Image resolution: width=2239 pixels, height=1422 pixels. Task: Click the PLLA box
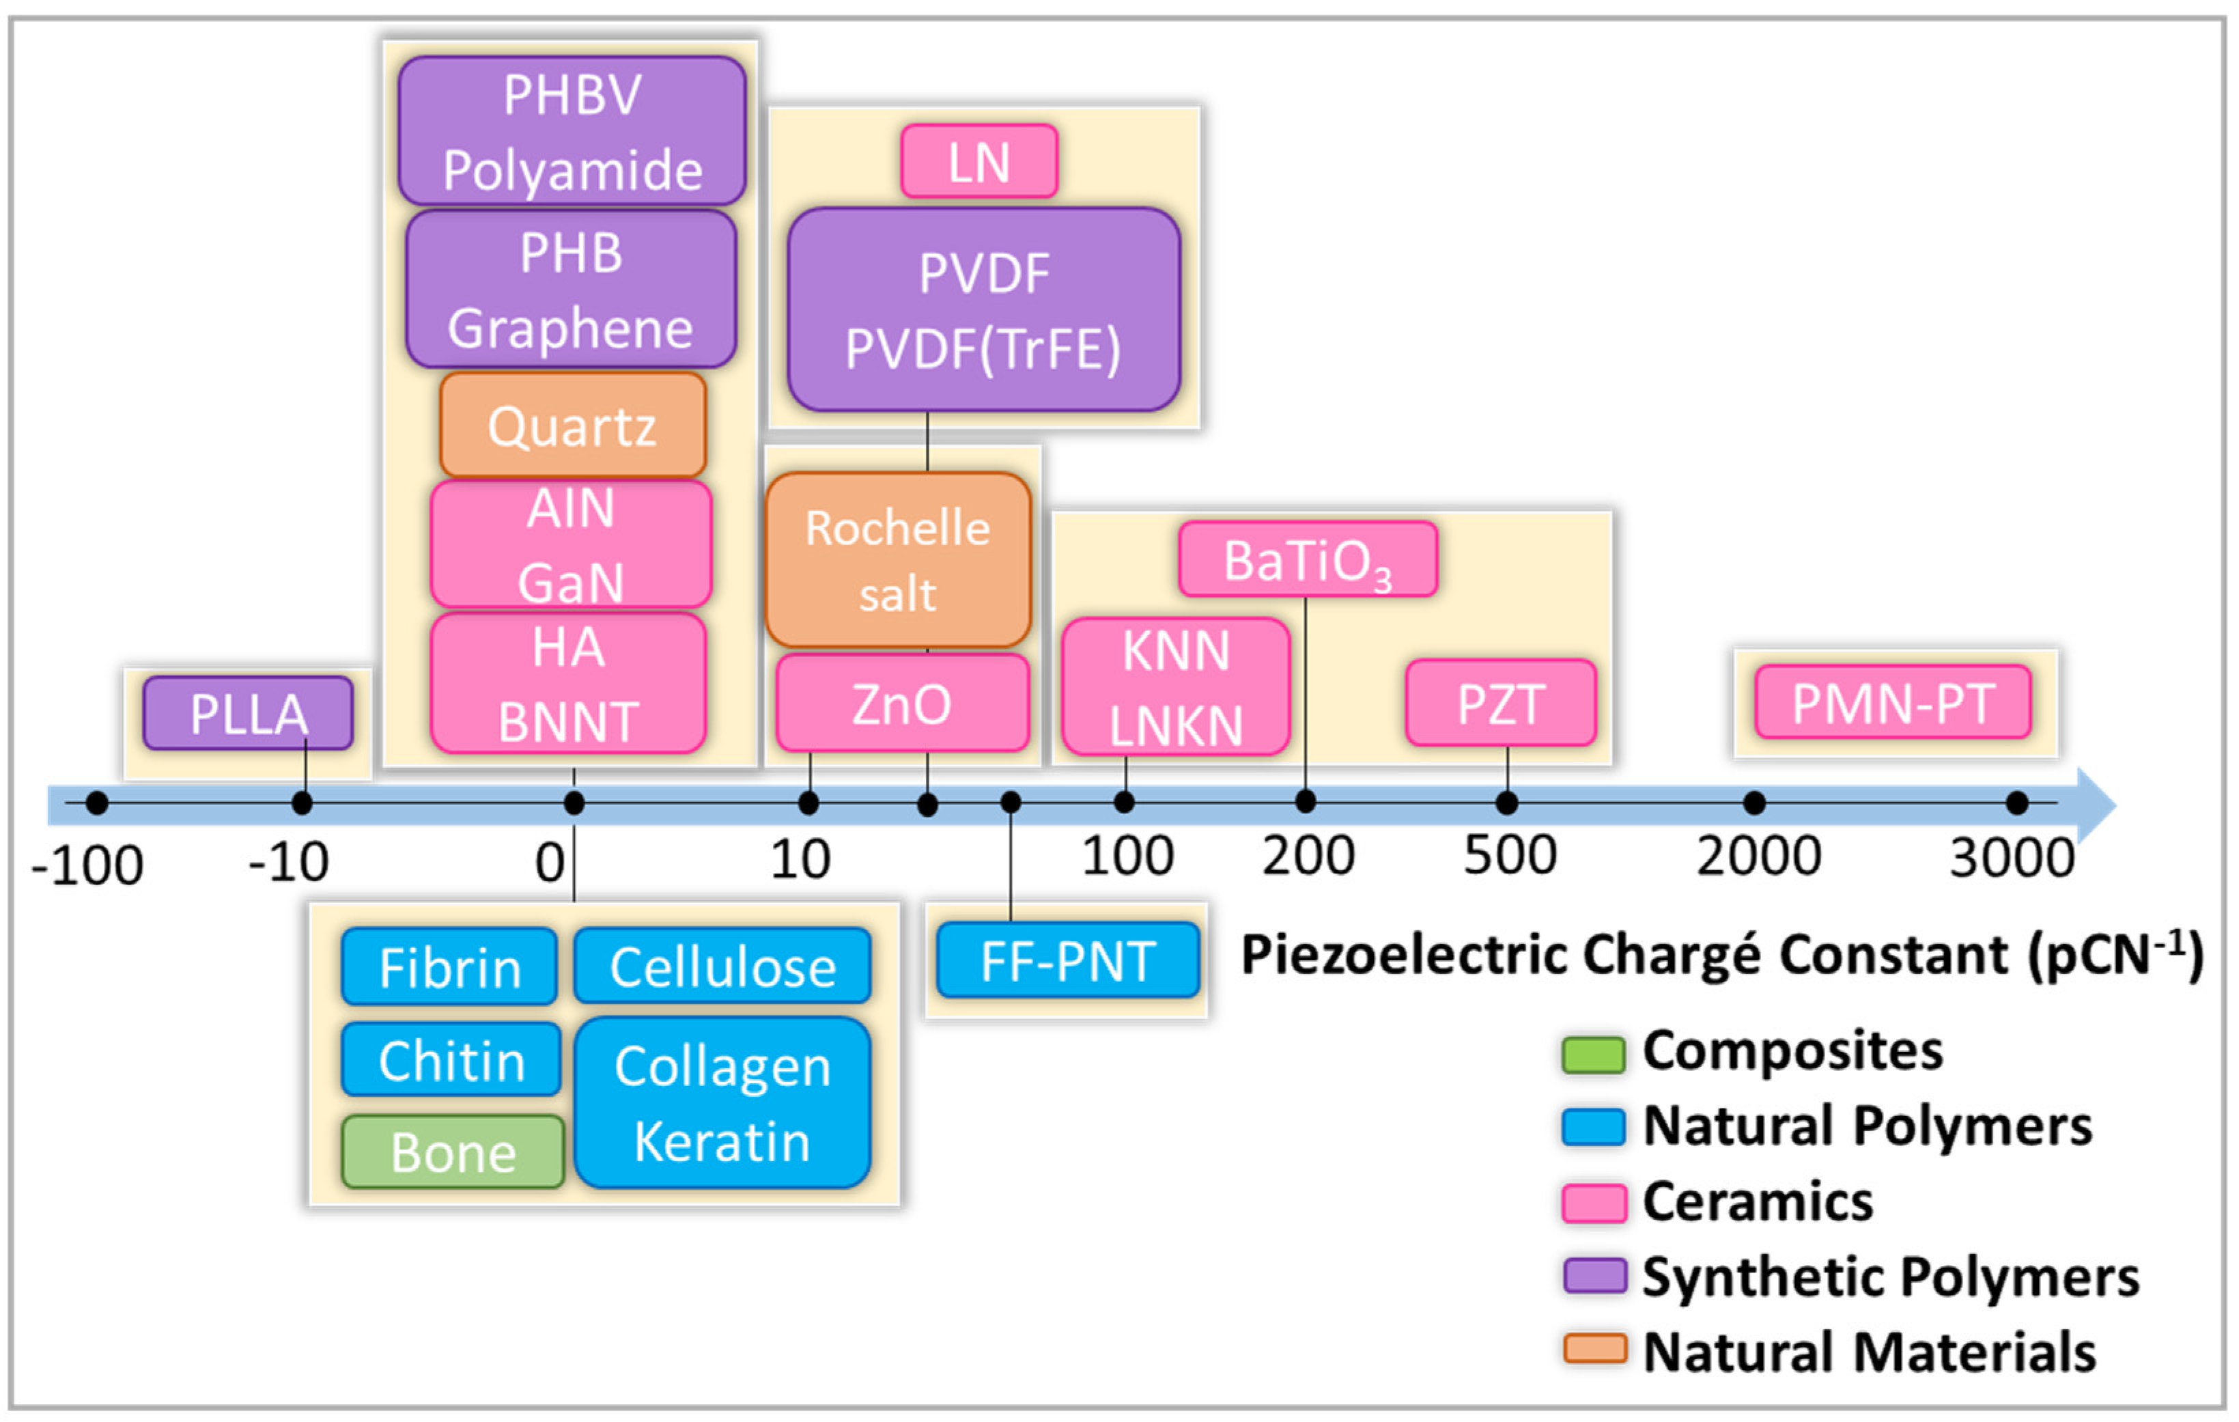pyautogui.click(x=249, y=713)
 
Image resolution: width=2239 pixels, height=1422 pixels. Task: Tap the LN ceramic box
pyautogui.click(x=979, y=161)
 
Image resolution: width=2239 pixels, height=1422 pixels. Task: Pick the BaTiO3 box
pyautogui.click(x=1308, y=559)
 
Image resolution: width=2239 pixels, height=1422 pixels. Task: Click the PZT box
pyautogui.click(x=1501, y=702)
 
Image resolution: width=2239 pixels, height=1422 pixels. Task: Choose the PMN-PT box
pyautogui.click(x=1892, y=702)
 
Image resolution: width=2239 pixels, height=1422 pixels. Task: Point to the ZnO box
pyautogui.click(x=902, y=702)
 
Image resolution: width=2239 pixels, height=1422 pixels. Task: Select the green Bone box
pyautogui.click(x=453, y=1152)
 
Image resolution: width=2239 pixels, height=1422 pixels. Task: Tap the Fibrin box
pyautogui.click(x=450, y=966)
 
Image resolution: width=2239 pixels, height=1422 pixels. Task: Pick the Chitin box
pyautogui.click(x=451, y=1059)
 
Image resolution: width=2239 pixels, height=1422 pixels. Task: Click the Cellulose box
pyautogui.click(x=722, y=966)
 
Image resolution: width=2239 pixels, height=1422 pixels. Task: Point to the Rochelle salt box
pyautogui.click(x=898, y=560)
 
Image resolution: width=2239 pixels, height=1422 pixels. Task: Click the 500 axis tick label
pyautogui.click(x=1509, y=854)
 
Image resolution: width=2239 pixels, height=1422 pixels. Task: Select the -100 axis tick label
pyautogui.click(x=87, y=865)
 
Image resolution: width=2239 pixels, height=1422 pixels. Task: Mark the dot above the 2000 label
pyautogui.click(x=1754, y=802)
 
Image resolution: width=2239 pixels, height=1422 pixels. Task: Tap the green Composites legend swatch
pyautogui.click(x=1594, y=1055)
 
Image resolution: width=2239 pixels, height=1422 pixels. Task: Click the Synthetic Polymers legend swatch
pyautogui.click(x=1594, y=1275)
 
